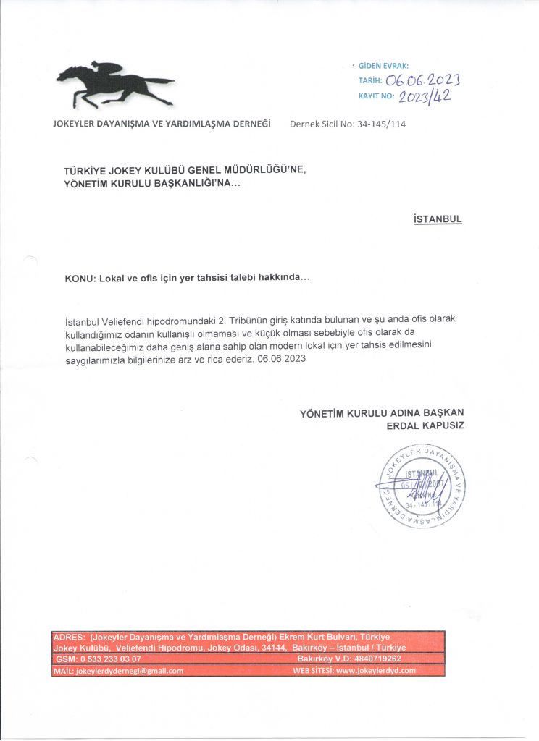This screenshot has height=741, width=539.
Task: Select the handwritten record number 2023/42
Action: (425, 96)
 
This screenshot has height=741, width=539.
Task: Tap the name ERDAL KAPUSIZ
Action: (425, 425)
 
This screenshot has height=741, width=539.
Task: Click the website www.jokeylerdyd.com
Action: (376, 671)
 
